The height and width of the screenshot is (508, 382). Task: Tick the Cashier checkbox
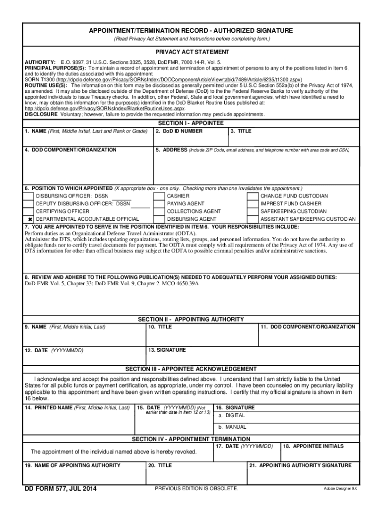click(160, 196)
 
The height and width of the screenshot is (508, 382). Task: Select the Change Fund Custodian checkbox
click(253, 196)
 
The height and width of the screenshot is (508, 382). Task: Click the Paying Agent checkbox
click(160, 203)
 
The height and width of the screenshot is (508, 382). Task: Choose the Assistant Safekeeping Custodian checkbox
click(253, 219)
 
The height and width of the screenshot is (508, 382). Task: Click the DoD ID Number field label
click(179, 131)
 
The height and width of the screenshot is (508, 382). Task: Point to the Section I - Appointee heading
click(191, 123)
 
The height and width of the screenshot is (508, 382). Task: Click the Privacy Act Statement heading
click(191, 52)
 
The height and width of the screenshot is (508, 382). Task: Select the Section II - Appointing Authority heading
click(191, 319)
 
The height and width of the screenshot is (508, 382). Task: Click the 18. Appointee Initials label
click(313, 446)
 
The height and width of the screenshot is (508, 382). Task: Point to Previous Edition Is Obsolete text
click(196, 489)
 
